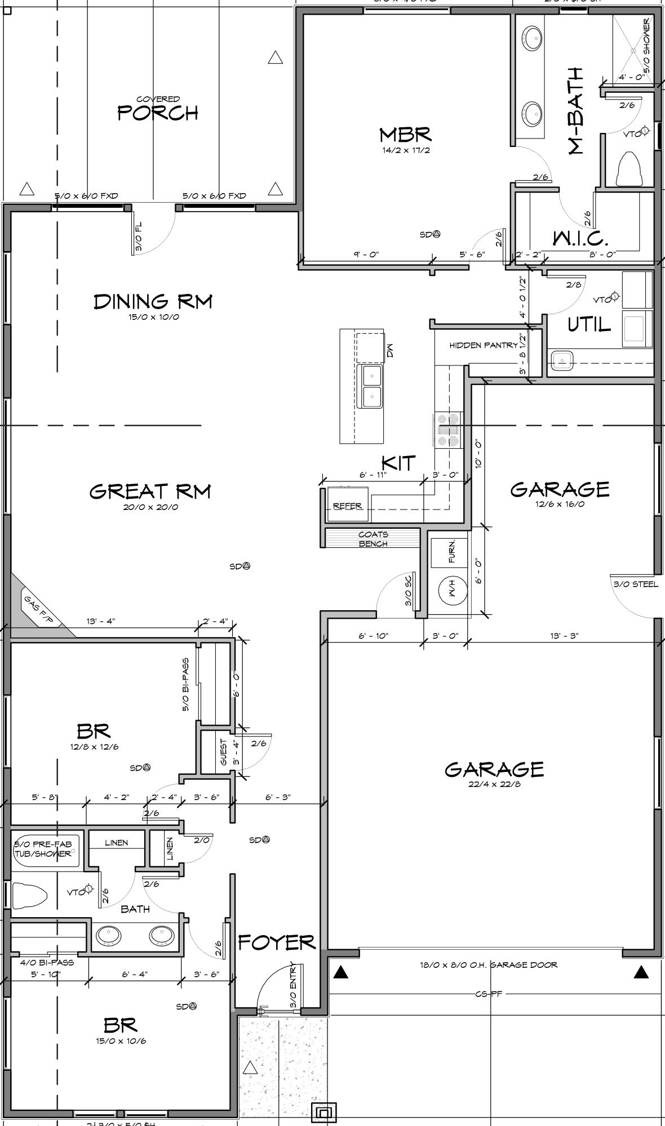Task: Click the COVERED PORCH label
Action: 158,109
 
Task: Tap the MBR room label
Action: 405,135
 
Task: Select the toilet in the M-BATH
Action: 630,169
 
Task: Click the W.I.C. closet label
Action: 580,239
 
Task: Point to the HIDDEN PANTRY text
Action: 483,345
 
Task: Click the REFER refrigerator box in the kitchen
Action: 347,506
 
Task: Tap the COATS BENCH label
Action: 373,539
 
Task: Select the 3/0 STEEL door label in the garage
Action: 636,584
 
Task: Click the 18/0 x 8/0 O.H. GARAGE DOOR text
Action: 488,964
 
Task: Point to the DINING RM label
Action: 153,301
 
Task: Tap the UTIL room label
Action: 588,325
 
